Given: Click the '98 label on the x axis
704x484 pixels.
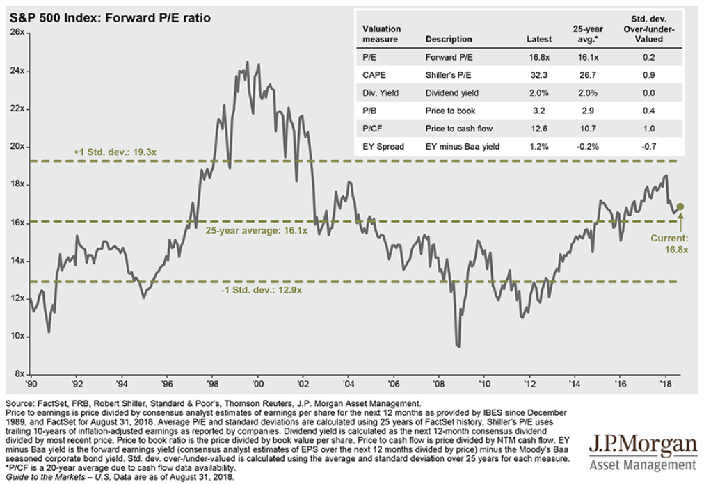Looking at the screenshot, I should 212,383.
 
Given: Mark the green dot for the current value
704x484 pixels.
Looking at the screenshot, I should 680,207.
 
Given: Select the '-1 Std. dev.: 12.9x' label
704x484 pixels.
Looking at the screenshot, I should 254,290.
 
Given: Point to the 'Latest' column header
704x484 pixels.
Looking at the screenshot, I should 539,40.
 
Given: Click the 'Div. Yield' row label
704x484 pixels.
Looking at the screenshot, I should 381,93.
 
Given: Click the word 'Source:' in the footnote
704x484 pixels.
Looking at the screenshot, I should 20,403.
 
